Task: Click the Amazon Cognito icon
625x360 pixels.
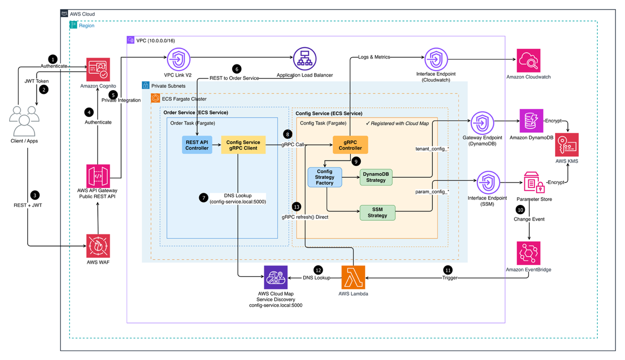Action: click(x=98, y=69)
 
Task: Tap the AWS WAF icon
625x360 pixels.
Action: click(x=98, y=246)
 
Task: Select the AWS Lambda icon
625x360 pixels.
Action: click(x=353, y=277)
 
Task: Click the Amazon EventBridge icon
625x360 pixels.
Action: click(x=528, y=253)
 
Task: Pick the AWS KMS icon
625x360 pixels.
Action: click(x=567, y=145)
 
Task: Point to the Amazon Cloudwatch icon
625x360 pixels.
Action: click(x=528, y=60)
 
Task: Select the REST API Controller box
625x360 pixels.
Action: click(x=197, y=145)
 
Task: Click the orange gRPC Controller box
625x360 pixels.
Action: click(x=350, y=145)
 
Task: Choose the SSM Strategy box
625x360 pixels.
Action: click(x=377, y=213)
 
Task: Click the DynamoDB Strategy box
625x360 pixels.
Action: click(x=376, y=177)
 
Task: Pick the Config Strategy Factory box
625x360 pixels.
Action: click(x=324, y=177)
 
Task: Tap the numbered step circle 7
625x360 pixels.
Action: click(x=203, y=198)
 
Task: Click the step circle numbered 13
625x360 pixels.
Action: click(x=297, y=206)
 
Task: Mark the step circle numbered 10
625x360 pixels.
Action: click(x=520, y=210)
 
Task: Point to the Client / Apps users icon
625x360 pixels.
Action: click(x=24, y=121)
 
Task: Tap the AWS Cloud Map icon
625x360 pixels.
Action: click(x=276, y=277)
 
